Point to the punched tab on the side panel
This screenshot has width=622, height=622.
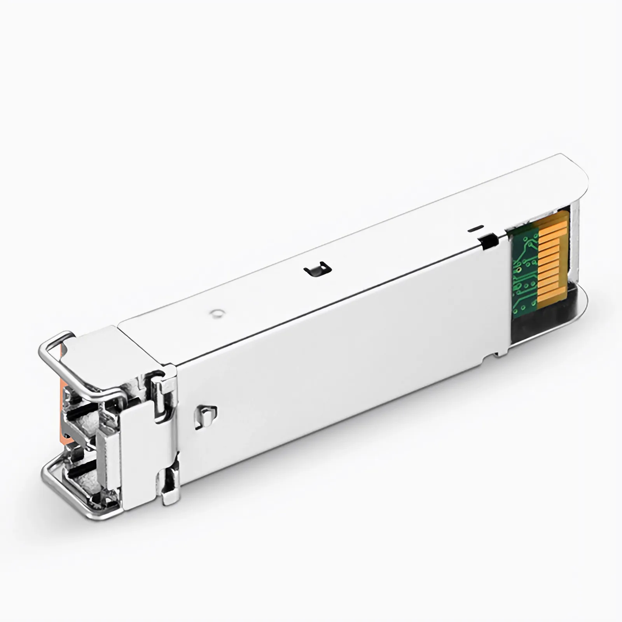pos(205,417)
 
